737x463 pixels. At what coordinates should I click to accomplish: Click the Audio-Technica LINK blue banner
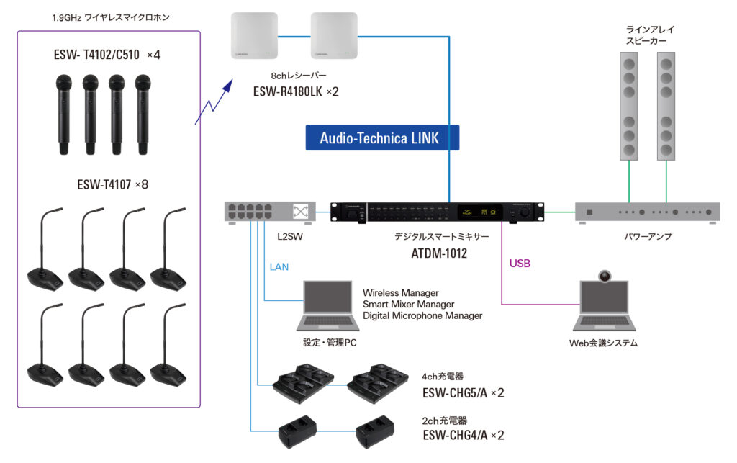(380, 138)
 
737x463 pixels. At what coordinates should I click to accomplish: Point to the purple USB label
(520, 264)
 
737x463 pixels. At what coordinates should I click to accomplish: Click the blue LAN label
(279, 267)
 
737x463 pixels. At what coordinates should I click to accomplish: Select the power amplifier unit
(648, 212)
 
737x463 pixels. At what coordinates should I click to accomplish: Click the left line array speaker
(629, 107)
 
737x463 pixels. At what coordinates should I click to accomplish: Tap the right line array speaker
(667, 107)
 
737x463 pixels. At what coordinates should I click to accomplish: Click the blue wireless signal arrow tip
(231, 81)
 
